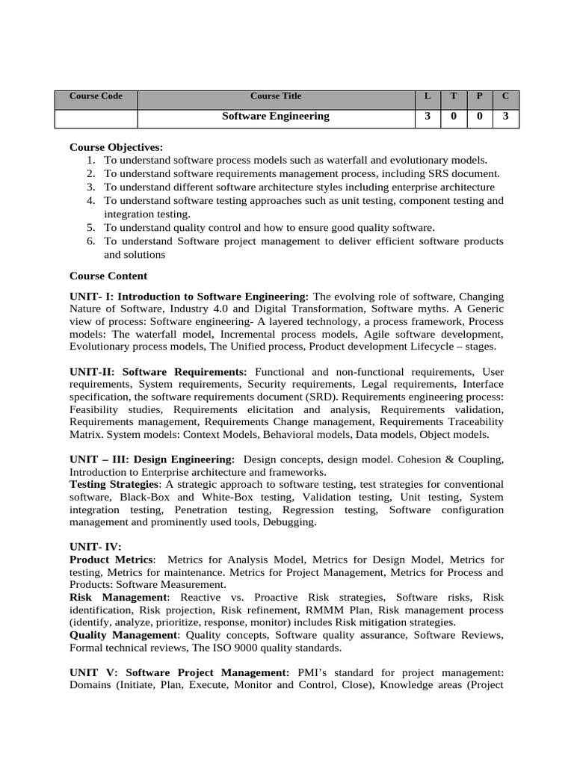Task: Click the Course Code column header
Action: (x=96, y=96)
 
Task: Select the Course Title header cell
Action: (x=276, y=96)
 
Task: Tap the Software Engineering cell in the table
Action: (x=276, y=117)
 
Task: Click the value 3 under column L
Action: (x=428, y=117)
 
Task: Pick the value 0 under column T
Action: (x=454, y=117)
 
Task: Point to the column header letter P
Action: (x=480, y=96)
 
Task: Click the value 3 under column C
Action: (x=506, y=117)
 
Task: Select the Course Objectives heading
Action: (x=116, y=147)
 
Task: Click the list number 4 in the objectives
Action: (x=90, y=201)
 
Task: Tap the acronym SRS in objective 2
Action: (x=436, y=174)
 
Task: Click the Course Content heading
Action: (x=108, y=276)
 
